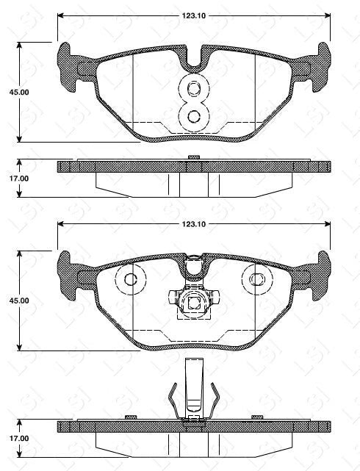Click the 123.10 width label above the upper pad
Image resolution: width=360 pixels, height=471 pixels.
click(193, 15)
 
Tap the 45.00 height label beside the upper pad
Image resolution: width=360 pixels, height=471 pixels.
click(18, 93)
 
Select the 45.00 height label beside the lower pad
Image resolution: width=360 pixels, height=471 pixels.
click(18, 301)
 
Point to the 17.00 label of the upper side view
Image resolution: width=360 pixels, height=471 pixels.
click(18, 178)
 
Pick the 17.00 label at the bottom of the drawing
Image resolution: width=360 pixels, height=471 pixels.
click(18, 439)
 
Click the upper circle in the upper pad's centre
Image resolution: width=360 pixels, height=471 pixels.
click(194, 90)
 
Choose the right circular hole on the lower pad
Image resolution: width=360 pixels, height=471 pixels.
click(256, 280)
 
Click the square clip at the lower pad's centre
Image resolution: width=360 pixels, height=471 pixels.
click(194, 301)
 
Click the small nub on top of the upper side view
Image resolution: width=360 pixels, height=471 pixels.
click(194, 157)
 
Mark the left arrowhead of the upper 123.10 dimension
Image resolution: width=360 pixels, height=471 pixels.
click(61, 15)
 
